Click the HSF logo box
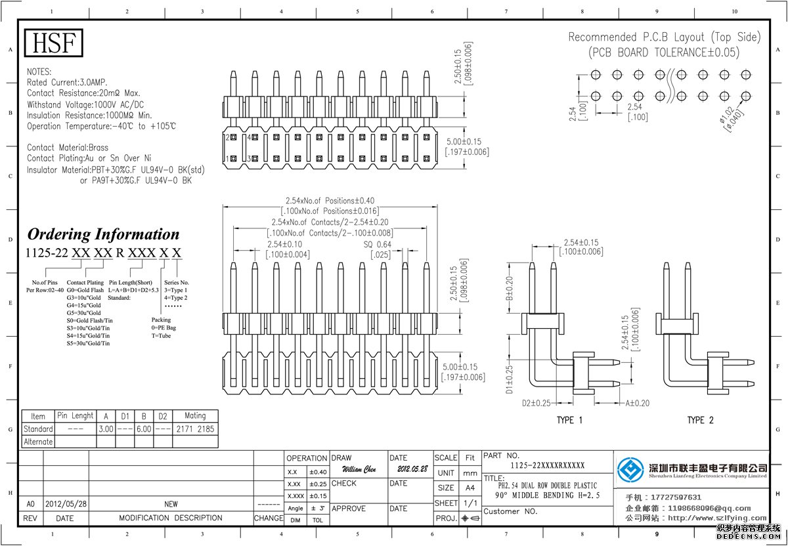[x=55, y=43]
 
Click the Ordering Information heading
[x=103, y=234]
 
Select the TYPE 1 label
[x=569, y=420]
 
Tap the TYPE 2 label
[x=700, y=420]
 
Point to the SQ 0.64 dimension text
[x=378, y=245]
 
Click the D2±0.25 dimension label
[x=536, y=403]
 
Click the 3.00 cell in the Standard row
[x=105, y=429]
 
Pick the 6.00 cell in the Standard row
[x=143, y=429]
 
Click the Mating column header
[x=195, y=416]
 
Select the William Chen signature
[x=359, y=470]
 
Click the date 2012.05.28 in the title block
[x=412, y=470]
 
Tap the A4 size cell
[x=470, y=488]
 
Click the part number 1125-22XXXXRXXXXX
[x=548, y=465]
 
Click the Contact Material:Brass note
[x=68, y=148]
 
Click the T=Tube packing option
[x=162, y=335]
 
